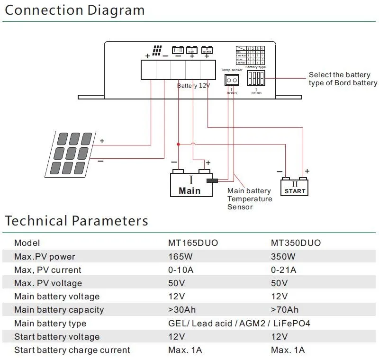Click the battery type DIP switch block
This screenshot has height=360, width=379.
pyautogui.click(x=256, y=78)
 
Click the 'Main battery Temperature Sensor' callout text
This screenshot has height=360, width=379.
pyautogui.click(x=250, y=199)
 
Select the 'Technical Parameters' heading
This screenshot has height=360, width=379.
pyautogui.click(x=76, y=221)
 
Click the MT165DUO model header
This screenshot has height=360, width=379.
pyautogui.click(x=193, y=243)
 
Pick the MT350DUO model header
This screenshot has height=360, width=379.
pyautogui.click(x=296, y=243)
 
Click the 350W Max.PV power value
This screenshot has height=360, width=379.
pyautogui.click(x=283, y=257)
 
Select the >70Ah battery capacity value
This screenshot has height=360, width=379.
pyautogui.click(x=284, y=310)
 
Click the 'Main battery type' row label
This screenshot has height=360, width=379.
pyautogui.click(x=50, y=324)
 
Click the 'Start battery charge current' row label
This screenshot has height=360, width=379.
pyautogui.click(x=72, y=350)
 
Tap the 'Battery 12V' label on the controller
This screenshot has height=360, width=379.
pyautogui.click(x=193, y=86)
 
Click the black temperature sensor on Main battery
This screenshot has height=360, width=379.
pyautogui.click(x=212, y=180)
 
